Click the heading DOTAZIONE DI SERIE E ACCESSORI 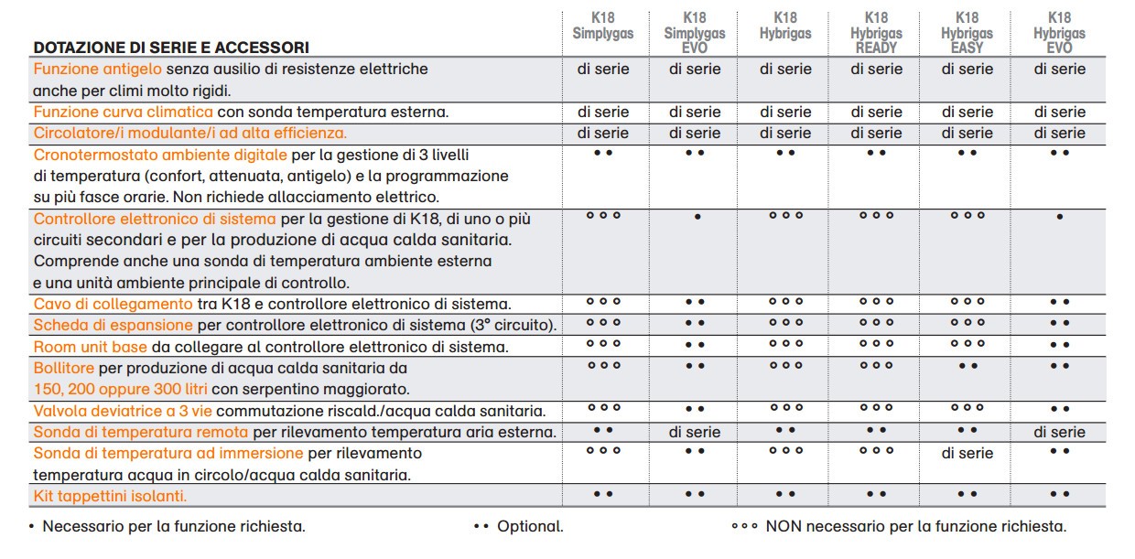tap(171, 48)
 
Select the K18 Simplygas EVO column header tap(694, 33)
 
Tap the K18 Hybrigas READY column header tap(876, 33)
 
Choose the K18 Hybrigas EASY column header tap(967, 33)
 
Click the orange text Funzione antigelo tap(98, 69)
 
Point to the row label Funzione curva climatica tap(124, 112)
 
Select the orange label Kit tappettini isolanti tap(110, 496)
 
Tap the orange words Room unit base tap(91, 347)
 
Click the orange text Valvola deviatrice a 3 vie tap(123, 411)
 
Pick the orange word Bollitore tap(64, 368)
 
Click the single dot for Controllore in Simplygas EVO tap(697, 217)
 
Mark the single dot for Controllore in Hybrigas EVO tap(1060, 217)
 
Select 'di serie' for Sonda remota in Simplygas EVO tap(695, 432)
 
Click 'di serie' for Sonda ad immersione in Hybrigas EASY tap(967, 453)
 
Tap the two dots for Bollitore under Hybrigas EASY tap(967, 366)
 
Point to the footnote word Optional tap(530, 527)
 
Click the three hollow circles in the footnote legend tap(744, 527)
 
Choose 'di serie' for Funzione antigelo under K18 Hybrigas tap(785, 69)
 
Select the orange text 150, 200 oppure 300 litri tap(120, 390)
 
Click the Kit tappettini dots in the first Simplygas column tap(603, 494)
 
